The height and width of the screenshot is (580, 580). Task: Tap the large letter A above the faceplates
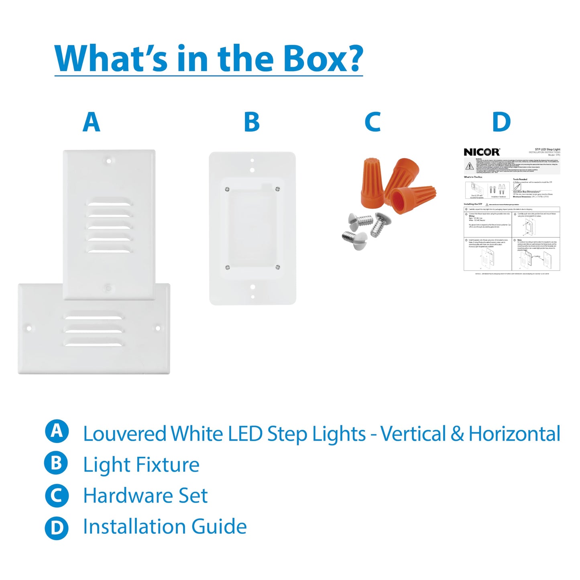(x=91, y=122)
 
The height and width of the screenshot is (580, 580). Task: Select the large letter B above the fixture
(x=252, y=122)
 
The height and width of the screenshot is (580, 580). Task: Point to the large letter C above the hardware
(x=372, y=122)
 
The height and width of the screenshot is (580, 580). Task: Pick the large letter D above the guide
(x=501, y=122)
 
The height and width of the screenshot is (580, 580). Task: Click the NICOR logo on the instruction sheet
(x=482, y=152)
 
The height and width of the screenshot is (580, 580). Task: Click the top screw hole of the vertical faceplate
(x=108, y=161)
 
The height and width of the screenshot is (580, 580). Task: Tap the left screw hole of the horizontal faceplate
(x=29, y=328)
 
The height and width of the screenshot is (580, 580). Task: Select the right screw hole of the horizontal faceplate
(x=158, y=328)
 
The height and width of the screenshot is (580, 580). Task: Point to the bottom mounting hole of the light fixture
(x=252, y=287)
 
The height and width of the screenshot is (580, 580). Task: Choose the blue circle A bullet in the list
(x=57, y=431)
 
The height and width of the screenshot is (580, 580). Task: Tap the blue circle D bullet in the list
(x=57, y=527)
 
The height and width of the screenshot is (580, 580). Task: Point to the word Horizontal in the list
(x=514, y=434)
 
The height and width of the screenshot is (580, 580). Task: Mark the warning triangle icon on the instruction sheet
(x=469, y=166)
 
